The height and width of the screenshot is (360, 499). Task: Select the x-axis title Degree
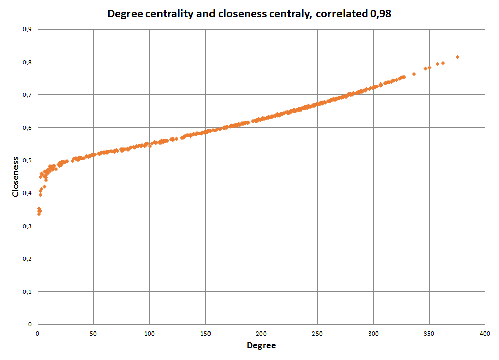[261, 345]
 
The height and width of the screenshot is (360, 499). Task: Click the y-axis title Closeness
[16, 176]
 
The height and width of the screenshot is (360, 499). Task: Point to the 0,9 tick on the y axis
[27, 30]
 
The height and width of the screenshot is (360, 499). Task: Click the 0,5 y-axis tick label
[27, 160]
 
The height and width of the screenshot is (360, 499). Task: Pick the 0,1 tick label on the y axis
[27, 291]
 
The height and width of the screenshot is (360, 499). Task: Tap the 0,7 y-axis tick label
[27, 95]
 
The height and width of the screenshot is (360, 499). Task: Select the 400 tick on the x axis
[485, 333]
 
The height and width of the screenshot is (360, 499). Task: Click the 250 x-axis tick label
[317, 333]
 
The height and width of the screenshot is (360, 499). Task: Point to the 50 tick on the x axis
[93, 333]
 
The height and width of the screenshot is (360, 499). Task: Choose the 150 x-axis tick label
[205, 333]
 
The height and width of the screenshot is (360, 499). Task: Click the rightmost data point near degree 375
[457, 57]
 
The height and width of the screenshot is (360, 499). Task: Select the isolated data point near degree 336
[414, 74]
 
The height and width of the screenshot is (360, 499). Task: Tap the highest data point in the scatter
[457, 57]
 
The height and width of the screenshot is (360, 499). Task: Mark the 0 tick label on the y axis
[30, 324]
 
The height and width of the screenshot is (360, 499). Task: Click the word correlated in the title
[339, 14]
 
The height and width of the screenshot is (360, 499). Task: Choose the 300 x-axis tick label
[373, 333]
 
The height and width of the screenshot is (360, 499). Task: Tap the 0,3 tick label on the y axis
[27, 226]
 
